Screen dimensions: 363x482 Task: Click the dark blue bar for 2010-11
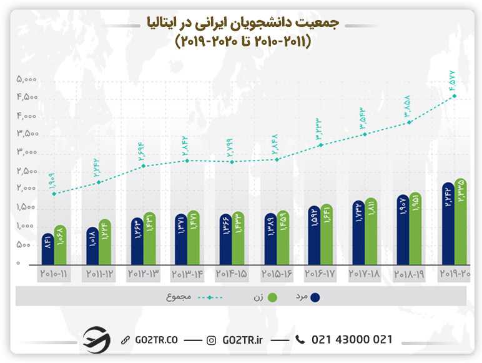point(48,249)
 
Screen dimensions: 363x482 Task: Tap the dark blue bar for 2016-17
point(313,235)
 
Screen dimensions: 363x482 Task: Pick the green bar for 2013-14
point(193,238)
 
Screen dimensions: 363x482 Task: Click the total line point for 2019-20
point(454,96)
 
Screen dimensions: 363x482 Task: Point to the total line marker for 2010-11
point(54,194)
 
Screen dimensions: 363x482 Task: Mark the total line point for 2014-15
point(232,162)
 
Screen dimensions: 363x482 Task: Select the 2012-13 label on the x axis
point(144,274)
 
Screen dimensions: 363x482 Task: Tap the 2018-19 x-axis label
point(410,274)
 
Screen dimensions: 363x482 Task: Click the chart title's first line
point(240,23)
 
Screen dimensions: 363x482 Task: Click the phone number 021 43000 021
point(352,339)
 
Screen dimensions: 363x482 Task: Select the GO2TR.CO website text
point(156,340)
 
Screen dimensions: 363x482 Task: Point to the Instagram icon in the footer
point(212,340)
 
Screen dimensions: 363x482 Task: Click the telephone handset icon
point(300,339)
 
